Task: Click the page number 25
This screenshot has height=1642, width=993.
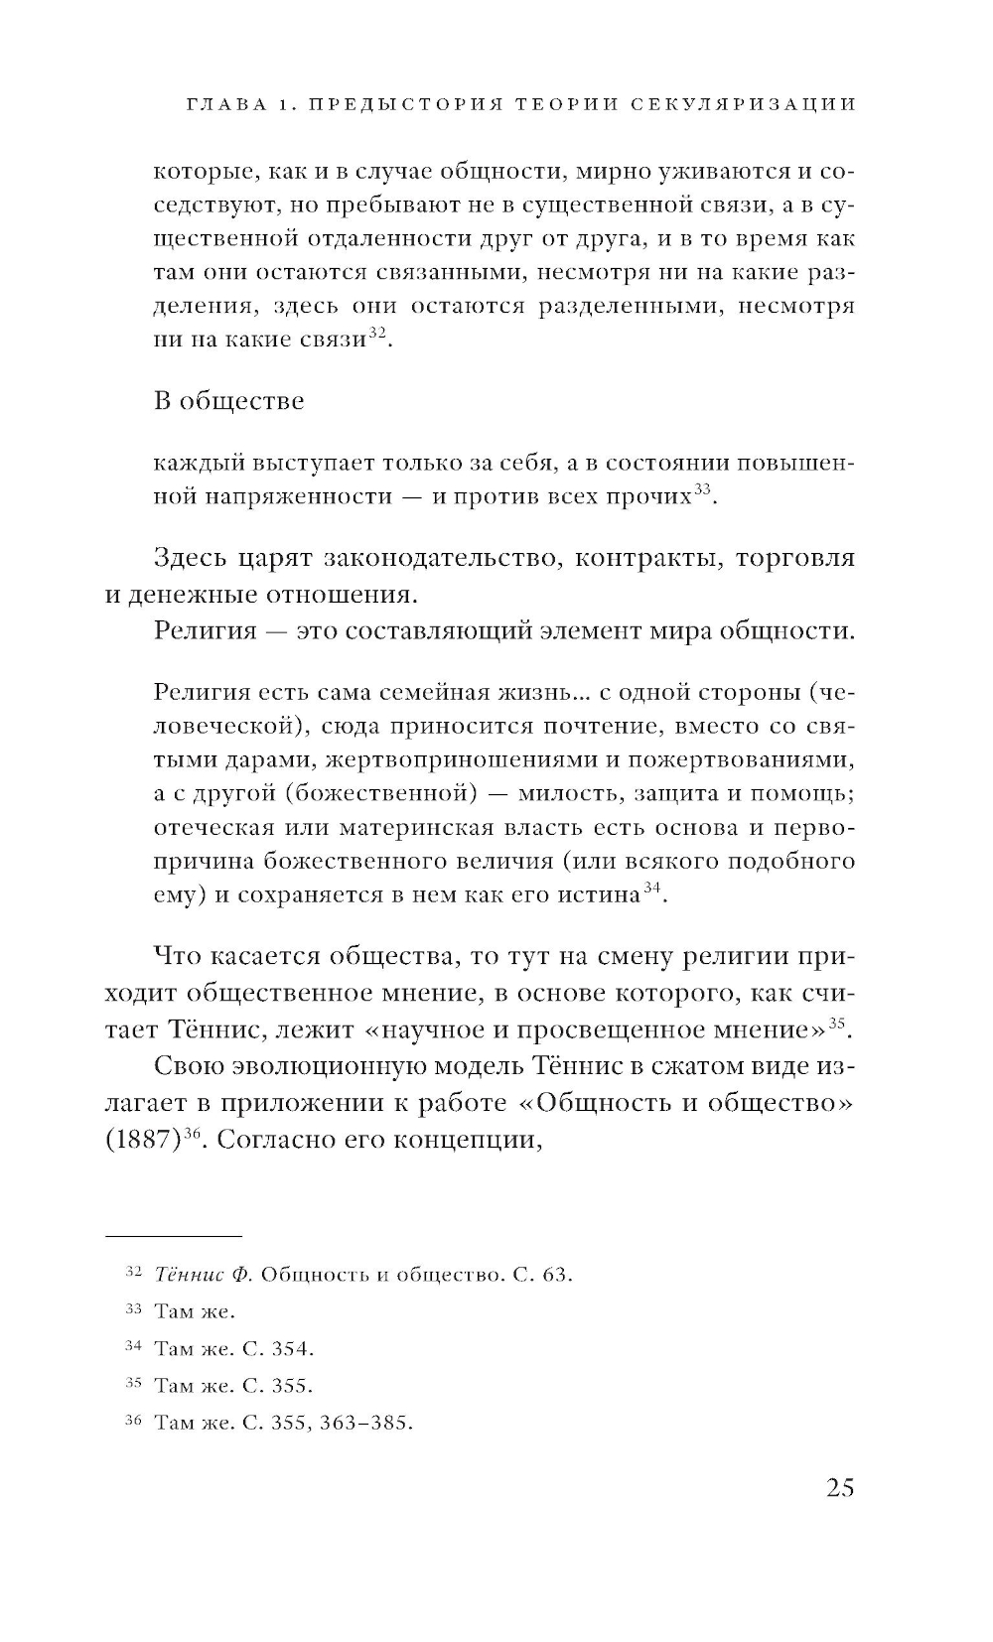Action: coord(838,1488)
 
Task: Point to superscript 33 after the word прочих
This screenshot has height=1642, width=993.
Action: coord(702,488)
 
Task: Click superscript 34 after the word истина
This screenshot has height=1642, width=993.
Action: coord(652,889)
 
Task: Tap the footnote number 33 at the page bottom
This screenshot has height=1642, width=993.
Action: coord(135,1310)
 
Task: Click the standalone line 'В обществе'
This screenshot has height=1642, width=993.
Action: coord(229,401)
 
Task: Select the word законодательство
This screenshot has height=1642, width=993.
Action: coord(434,558)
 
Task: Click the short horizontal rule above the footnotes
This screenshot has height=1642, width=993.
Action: coord(173,1236)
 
